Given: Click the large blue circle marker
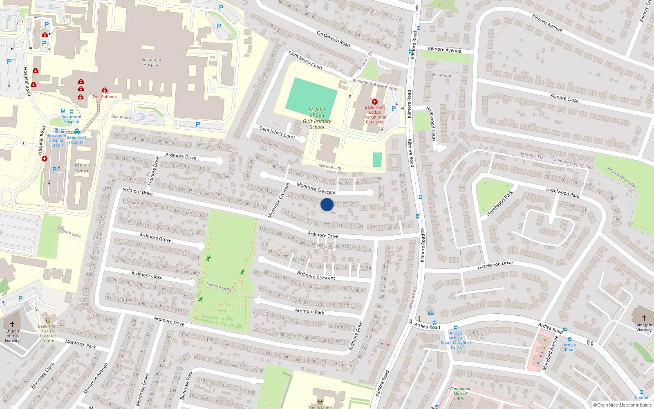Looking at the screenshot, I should [x=327, y=204].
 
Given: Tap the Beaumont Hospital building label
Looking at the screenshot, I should [x=151, y=62].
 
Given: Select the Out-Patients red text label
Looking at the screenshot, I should [x=105, y=97].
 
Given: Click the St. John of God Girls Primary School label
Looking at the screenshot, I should [x=317, y=118].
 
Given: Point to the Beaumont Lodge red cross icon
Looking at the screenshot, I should [x=374, y=101].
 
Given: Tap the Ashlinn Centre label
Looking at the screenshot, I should [x=82, y=168].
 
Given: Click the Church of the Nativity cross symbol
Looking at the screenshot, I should [x=12, y=324].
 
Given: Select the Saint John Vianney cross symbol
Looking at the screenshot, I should [x=644, y=318].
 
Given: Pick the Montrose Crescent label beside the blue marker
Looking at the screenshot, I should [x=316, y=189].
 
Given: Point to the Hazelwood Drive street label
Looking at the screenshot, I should [x=495, y=265].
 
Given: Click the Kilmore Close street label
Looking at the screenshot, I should [x=564, y=98].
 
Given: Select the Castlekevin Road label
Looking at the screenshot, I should [x=333, y=38].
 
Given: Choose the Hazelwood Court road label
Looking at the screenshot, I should [x=431, y=124].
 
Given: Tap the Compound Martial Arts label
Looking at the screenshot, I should [x=460, y=393].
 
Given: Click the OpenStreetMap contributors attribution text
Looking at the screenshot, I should [x=622, y=405].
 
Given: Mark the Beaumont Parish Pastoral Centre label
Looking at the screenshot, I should [x=48, y=334].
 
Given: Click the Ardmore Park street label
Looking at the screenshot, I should [x=309, y=312].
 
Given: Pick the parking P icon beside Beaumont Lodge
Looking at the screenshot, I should [x=394, y=109].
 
